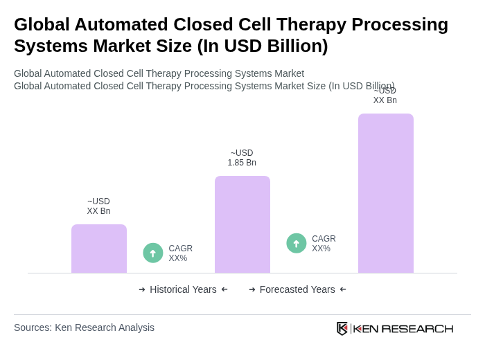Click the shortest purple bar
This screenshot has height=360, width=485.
(99, 249)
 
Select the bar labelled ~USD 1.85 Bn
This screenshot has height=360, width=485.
(242, 224)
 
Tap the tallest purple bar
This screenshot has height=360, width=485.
(385, 193)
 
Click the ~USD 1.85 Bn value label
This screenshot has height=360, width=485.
(242, 158)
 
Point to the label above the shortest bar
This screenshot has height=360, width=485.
(98, 206)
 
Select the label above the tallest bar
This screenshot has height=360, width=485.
(385, 96)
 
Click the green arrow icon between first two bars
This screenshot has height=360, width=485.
(153, 253)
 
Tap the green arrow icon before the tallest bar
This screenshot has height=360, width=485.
(297, 243)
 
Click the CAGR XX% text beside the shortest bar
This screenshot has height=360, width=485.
(180, 253)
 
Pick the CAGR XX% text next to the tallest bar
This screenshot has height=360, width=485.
(324, 244)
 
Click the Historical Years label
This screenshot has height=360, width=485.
(183, 289)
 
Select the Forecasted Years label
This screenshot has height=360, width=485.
(297, 289)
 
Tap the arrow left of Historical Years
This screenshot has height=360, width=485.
(142, 289)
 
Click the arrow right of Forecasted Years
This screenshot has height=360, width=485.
(343, 289)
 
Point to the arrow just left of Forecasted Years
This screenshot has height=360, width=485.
(252, 289)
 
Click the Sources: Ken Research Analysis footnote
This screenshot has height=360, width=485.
(84, 327)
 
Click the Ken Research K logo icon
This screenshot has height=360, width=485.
(342, 328)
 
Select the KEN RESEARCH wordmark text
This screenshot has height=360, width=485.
(403, 328)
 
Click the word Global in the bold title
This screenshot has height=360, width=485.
(43, 24)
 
